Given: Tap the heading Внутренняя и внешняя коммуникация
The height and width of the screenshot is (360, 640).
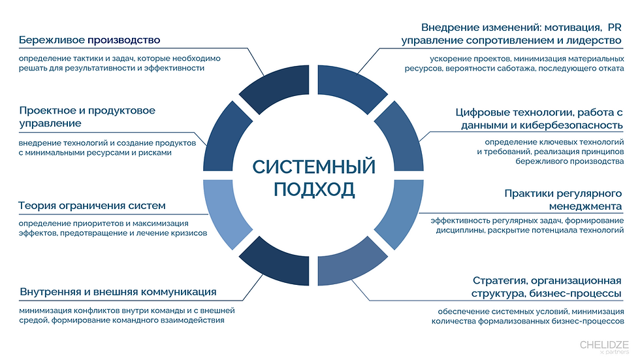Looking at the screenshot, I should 118,291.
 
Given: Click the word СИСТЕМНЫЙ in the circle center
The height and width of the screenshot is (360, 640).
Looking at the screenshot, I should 314,167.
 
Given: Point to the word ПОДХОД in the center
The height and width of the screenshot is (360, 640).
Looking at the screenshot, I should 314,189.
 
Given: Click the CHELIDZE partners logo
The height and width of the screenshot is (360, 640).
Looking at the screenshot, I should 604,346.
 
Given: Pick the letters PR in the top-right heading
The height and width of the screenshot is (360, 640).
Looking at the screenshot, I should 614,28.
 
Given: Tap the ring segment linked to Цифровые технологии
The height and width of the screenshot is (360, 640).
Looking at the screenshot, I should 405,134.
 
